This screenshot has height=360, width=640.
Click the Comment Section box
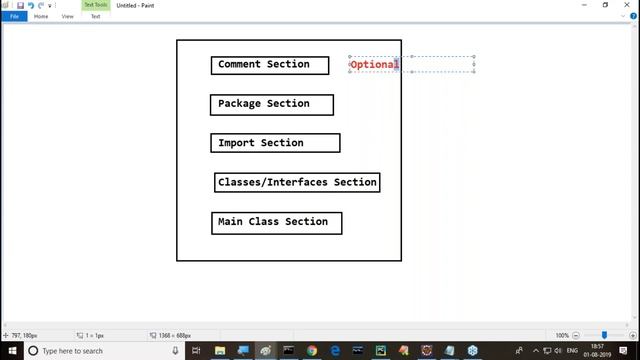pos(270,65)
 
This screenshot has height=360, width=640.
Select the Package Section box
pos(271,104)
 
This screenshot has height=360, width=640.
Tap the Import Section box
pos(275,143)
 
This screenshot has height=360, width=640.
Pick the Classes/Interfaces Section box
pos(297,182)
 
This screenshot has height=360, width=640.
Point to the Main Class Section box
pos(276,222)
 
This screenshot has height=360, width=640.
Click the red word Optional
pos(374,64)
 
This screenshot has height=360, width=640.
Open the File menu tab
pos(14,16)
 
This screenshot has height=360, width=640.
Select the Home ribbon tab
pos(41,16)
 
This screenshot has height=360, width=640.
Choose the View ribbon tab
pos(68,16)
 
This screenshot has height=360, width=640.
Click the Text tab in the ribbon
pos(95,16)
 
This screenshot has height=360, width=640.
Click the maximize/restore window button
pos(605,5)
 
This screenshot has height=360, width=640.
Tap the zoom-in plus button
pos(629,335)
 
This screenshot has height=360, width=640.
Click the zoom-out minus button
pos(579,335)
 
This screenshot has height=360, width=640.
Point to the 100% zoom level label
pos(562,335)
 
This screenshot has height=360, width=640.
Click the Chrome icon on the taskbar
pos(312,351)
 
